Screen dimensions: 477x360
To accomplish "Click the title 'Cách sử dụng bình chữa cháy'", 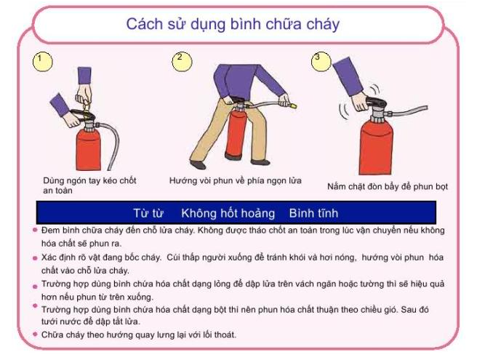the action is pyautogui.click(x=233, y=24).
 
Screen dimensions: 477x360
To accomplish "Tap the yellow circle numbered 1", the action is pyautogui.click(x=43, y=62).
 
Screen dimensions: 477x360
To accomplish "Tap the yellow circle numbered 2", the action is pyautogui.click(x=182, y=62).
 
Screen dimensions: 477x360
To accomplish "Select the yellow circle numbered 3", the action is pyautogui.click(x=321, y=62).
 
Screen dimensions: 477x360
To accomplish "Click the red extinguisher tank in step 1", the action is pyautogui.click(x=88, y=151).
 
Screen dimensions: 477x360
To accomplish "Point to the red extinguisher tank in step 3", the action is pyautogui.click(x=376, y=148).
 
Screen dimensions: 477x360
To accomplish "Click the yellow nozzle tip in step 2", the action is pyautogui.click(x=293, y=106).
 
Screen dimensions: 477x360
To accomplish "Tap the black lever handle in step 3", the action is pyautogui.click(x=376, y=103).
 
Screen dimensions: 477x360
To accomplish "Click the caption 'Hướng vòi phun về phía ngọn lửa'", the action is pyautogui.click(x=236, y=181).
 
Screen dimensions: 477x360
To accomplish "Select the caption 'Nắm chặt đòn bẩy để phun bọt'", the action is pyautogui.click(x=388, y=186).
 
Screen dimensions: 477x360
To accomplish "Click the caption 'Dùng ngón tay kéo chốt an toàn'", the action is pyautogui.click(x=89, y=185).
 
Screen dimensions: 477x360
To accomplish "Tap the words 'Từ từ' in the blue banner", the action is pyautogui.click(x=148, y=213).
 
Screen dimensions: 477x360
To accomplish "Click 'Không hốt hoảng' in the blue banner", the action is pyautogui.click(x=228, y=213).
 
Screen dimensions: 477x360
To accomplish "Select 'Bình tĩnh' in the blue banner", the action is pyautogui.click(x=313, y=213).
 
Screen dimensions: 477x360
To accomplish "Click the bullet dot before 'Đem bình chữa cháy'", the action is pyautogui.click(x=35, y=230).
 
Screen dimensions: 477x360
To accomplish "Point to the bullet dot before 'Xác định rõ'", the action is pyautogui.click(x=35, y=258).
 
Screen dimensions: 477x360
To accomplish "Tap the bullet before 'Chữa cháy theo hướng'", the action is pyautogui.click(x=35, y=335).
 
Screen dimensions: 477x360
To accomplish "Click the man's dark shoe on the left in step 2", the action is pyautogui.click(x=198, y=164).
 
